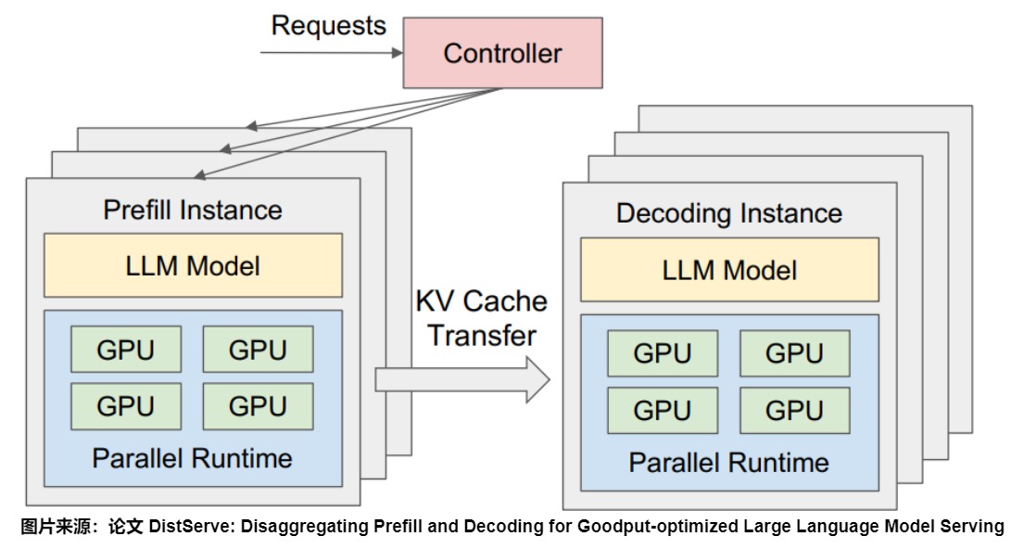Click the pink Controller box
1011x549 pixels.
tap(502, 54)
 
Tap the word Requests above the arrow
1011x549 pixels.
tap(328, 25)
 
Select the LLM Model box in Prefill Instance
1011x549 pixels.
tap(193, 266)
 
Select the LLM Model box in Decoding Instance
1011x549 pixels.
tap(729, 271)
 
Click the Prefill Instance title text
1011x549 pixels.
tap(193, 210)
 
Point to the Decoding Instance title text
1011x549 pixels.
tap(729, 213)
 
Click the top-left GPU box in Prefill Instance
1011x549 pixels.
tap(126, 351)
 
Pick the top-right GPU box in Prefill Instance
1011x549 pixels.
tap(258, 351)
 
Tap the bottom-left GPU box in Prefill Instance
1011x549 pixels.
tap(126, 405)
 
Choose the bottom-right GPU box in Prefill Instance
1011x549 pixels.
tap(258, 405)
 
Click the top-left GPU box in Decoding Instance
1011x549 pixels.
tap(663, 354)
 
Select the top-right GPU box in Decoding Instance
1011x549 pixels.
tap(794, 354)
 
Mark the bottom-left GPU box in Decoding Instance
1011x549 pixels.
tap(663, 410)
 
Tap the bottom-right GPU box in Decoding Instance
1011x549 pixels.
tap(794, 410)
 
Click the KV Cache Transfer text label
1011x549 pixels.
tap(482, 318)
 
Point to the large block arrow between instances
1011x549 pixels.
tap(461, 379)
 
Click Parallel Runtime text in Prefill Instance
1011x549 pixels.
tap(193, 458)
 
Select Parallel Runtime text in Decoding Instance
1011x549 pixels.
tap(729, 463)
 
